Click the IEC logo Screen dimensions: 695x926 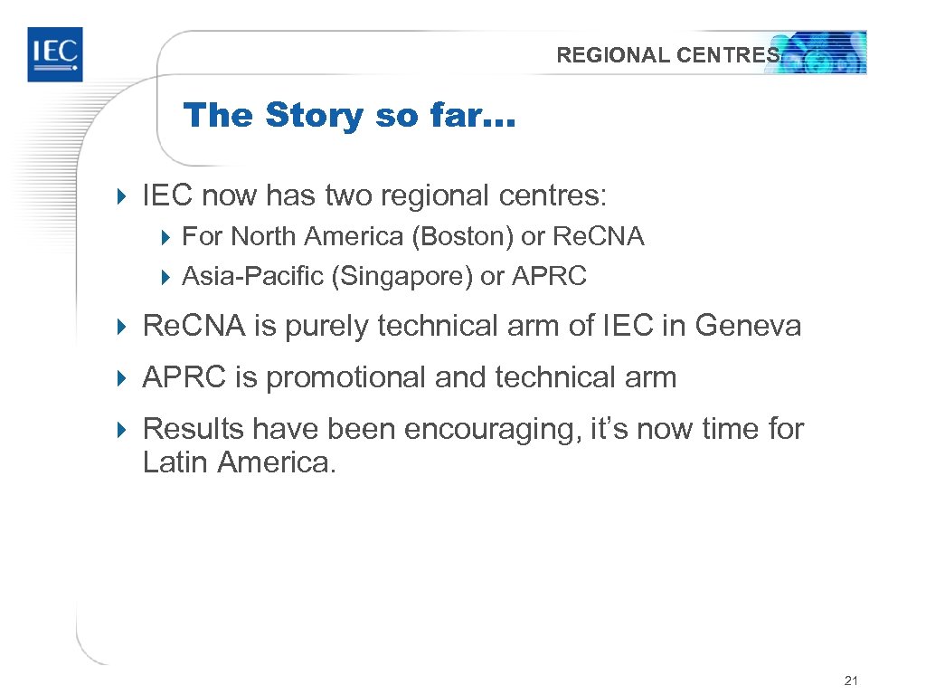click(54, 54)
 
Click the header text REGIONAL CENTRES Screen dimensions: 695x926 click(667, 55)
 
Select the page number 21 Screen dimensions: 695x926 click(849, 681)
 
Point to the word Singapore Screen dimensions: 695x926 click(402, 276)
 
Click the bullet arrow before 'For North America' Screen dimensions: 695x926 click(166, 238)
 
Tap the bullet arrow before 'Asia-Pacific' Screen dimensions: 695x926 click(166, 277)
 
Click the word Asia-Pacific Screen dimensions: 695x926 click(253, 276)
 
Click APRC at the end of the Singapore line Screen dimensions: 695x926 click(549, 276)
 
